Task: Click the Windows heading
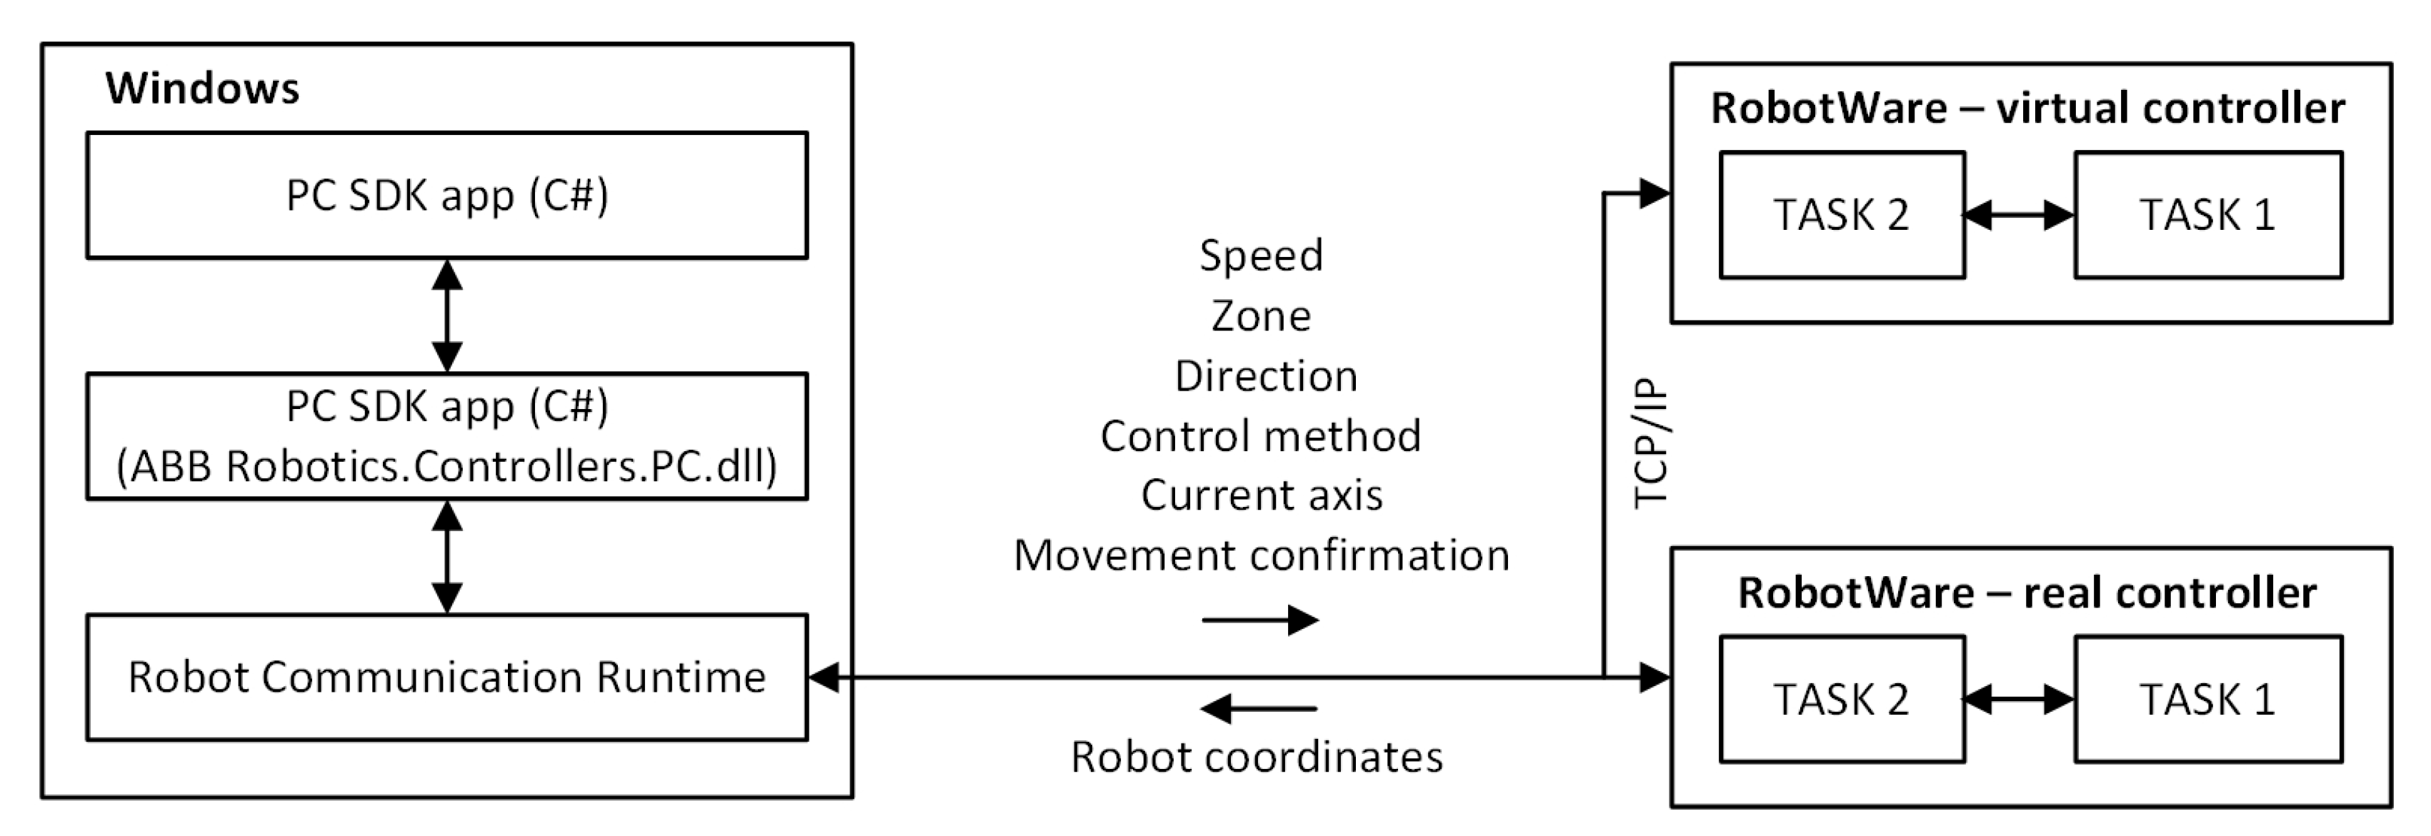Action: pos(202,89)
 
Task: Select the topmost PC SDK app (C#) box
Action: pos(446,196)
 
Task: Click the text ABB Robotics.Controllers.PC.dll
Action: pos(446,466)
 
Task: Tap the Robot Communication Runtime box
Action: pos(446,678)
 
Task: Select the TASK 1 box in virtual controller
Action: pos(2207,215)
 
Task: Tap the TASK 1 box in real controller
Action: pos(2207,699)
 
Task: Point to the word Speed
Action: pos(1261,256)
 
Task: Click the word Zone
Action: pos(1261,316)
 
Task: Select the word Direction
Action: pos(1266,376)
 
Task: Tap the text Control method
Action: pos(1261,436)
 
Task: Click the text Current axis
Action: pos(1262,495)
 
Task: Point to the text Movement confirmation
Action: pos(1262,555)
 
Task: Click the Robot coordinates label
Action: pos(1257,757)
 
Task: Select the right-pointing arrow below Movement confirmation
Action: pos(1260,620)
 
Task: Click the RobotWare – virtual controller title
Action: pos(2028,109)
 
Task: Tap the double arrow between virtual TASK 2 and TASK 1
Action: pos(2019,215)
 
